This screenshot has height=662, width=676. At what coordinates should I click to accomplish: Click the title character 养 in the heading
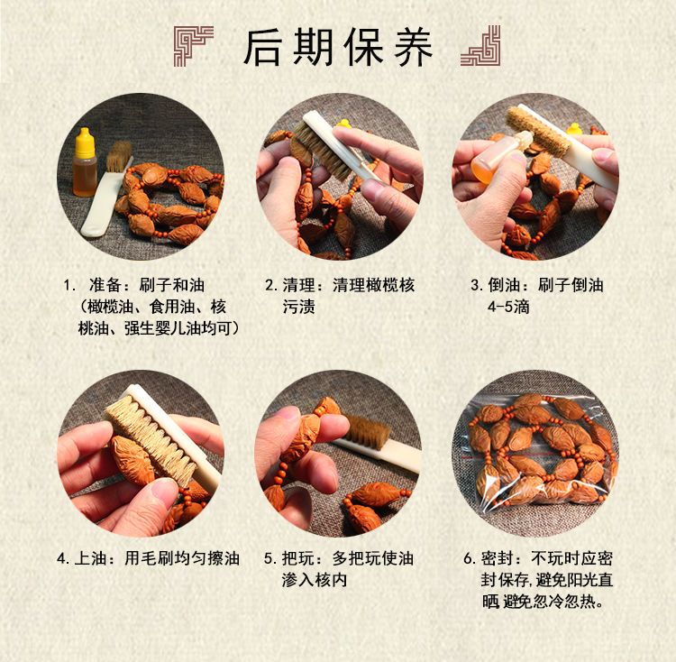point(413,47)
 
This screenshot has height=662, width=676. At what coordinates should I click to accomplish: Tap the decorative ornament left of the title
point(194,46)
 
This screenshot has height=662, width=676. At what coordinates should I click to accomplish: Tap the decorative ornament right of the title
point(480,46)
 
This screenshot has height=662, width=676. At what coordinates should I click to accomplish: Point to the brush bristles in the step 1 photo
point(119,156)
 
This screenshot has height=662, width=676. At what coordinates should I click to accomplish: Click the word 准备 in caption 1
point(105,285)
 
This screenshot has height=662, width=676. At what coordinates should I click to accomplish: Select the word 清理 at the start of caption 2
point(299,285)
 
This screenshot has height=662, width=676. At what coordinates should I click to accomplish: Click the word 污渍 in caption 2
point(299,307)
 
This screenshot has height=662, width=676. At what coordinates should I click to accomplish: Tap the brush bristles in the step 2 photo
point(318,148)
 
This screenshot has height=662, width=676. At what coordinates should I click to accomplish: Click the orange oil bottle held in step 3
point(496,155)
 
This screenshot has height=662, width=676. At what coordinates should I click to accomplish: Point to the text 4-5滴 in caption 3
point(508,307)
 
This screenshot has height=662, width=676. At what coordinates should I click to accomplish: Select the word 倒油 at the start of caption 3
point(505,285)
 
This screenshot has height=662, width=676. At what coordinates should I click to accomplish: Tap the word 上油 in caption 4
point(91,558)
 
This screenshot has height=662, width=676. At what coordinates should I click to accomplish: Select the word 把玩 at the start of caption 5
point(298,558)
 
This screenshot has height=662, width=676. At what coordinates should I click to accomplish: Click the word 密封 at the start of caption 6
point(498,558)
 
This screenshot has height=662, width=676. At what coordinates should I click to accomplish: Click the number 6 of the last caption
point(468,559)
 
